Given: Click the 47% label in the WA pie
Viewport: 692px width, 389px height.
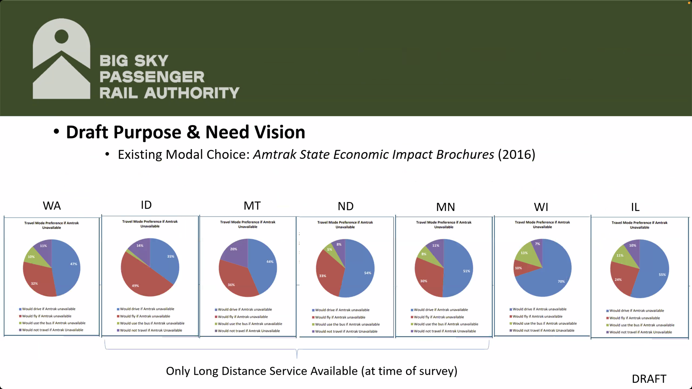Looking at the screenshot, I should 74,264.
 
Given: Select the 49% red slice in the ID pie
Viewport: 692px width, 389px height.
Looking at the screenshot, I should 140,282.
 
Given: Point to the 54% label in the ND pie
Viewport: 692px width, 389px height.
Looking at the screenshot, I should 367,273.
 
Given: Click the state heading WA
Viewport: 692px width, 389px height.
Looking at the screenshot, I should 52,206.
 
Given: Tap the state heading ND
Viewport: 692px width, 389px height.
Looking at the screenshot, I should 345,206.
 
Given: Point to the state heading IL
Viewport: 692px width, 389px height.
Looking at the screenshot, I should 635,207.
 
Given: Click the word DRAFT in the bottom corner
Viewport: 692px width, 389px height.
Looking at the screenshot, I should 649,379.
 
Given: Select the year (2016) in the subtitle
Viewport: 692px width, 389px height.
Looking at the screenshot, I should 516,155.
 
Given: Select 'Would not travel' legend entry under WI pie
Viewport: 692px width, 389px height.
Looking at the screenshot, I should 543,330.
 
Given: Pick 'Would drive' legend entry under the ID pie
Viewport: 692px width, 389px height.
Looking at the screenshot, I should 147,309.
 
